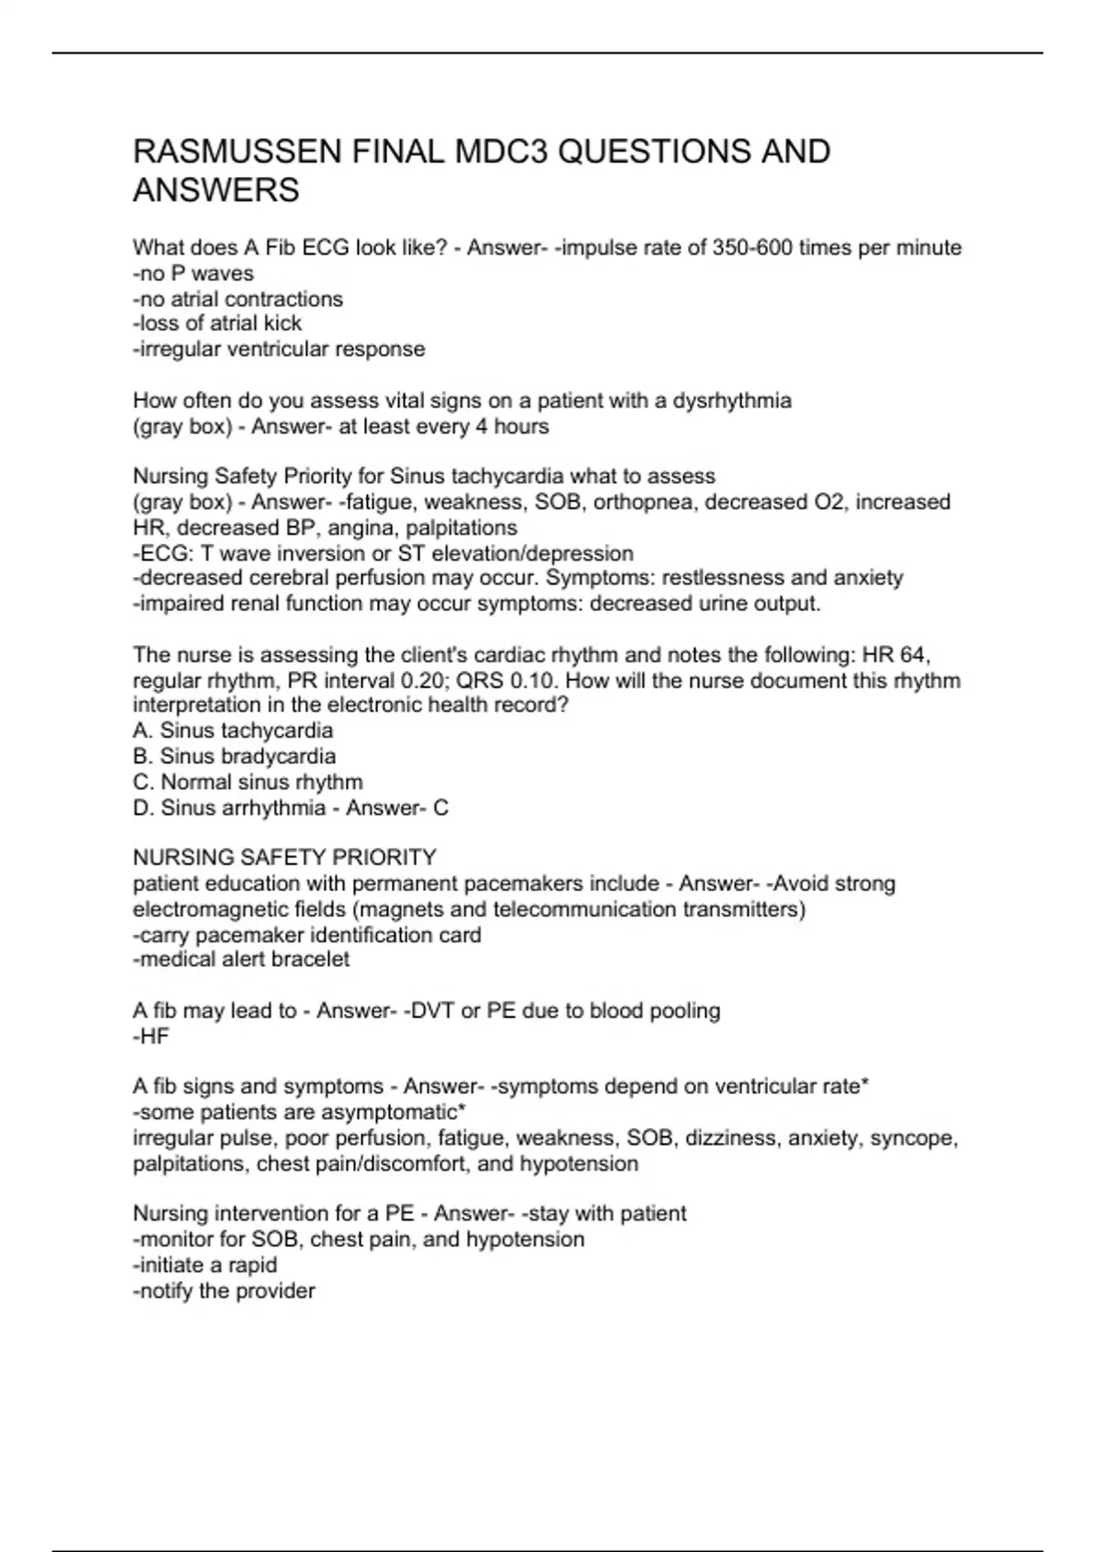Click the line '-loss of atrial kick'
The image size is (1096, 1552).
pos(217,323)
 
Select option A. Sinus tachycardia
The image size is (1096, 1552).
pos(233,730)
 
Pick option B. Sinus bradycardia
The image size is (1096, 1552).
pos(235,756)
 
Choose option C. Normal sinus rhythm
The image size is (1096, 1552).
pos(248,782)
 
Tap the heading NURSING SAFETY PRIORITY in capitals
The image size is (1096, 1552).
pos(284,858)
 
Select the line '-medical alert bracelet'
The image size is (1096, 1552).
pos(241,960)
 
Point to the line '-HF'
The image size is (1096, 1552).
pos(152,1037)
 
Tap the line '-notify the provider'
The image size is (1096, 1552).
pos(224,1291)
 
